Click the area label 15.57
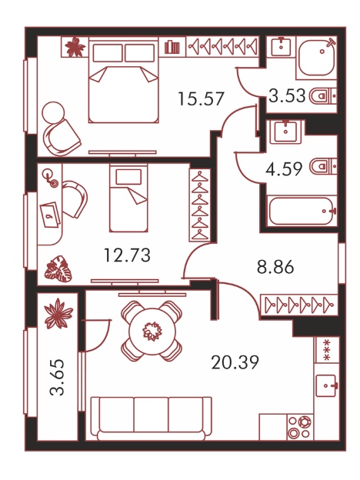(x=201, y=98)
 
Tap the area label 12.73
(x=128, y=255)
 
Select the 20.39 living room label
(x=235, y=362)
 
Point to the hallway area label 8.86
(x=275, y=266)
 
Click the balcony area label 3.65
(x=58, y=377)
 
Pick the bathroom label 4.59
(x=284, y=168)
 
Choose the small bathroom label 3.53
(x=287, y=95)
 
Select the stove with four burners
(x=300, y=428)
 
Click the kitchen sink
(x=327, y=385)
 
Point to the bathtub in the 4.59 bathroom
(x=302, y=212)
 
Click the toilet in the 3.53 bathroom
(x=323, y=96)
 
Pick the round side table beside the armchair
(x=53, y=112)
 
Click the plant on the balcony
(x=58, y=314)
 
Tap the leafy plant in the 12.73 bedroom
(x=58, y=269)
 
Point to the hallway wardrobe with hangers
(x=298, y=305)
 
